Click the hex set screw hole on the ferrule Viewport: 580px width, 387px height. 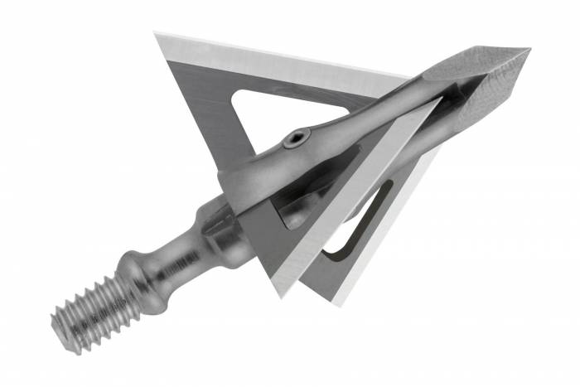[297, 141]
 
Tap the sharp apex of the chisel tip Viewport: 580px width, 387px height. [528, 51]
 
